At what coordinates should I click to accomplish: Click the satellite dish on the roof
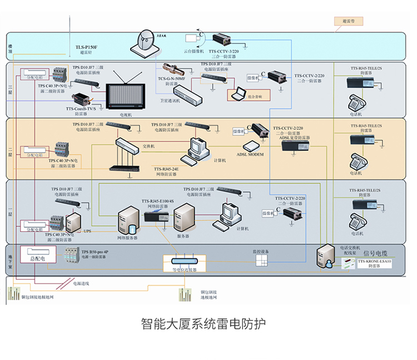[147, 40]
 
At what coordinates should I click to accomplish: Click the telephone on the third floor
[355, 103]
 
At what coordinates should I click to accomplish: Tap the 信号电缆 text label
[376, 253]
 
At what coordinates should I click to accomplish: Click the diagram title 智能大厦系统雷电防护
[203, 324]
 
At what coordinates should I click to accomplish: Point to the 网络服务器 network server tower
[128, 221]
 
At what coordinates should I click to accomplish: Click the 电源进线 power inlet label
[81, 283]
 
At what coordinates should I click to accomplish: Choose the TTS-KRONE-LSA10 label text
[375, 263]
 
